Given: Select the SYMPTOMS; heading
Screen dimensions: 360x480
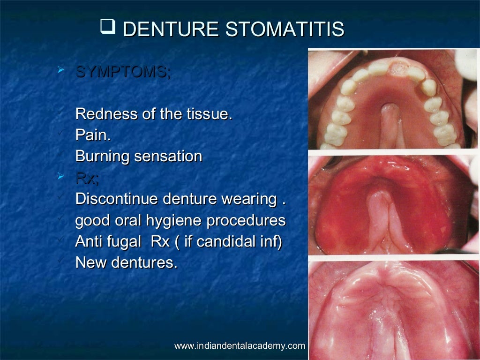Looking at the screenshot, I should click(123, 72).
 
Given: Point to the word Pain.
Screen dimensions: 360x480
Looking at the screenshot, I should click(93, 135).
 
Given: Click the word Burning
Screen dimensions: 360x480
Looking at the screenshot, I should click(103, 157).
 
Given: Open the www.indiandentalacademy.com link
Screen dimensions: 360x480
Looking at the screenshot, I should click(240, 346).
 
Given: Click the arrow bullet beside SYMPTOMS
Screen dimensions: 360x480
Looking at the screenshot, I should click(60, 71).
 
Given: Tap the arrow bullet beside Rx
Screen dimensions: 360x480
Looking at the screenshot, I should click(60, 177).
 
